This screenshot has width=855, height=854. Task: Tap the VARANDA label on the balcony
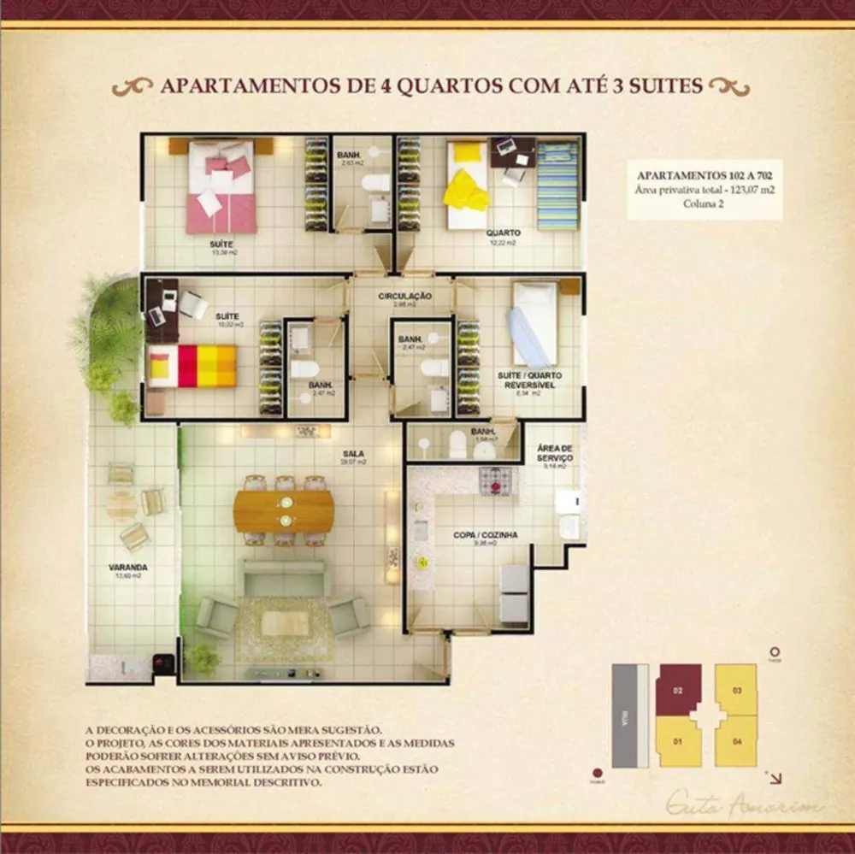click(x=128, y=567)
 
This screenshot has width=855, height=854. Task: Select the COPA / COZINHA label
click(x=486, y=535)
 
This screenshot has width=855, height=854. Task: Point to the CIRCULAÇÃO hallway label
click(x=405, y=296)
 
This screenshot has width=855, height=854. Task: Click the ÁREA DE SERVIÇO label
click(x=554, y=453)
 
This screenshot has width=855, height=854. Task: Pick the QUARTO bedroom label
click(x=504, y=232)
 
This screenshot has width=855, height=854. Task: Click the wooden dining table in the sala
click(x=284, y=510)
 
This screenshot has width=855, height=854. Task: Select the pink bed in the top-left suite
click(x=222, y=188)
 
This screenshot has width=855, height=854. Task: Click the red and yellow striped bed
click(x=192, y=366)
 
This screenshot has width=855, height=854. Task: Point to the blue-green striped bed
click(x=557, y=185)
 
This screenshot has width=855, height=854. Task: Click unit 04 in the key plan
click(x=736, y=740)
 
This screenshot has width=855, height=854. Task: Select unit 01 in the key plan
click(x=677, y=740)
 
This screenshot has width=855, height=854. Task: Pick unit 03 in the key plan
click(x=736, y=689)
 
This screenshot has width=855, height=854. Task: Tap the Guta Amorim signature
click(x=743, y=804)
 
